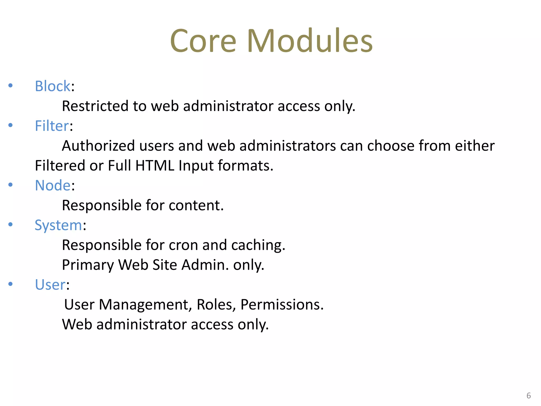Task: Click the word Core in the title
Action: [x=203, y=41]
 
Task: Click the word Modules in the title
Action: [x=310, y=41]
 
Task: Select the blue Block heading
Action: [x=53, y=86]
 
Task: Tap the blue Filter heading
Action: [x=52, y=126]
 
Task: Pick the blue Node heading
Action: [x=53, y=185]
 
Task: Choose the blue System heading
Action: [x=58, y=225]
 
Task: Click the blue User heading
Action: [x=50, y=285]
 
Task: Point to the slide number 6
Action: [x=529, y=395]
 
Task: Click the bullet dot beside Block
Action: [x=11, y=85]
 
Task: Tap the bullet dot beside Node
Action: [x=11, y=184]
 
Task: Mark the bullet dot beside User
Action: [x=11, y=284]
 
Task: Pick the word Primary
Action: [x=88, y=265]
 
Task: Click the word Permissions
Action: [x=282, y=305]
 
